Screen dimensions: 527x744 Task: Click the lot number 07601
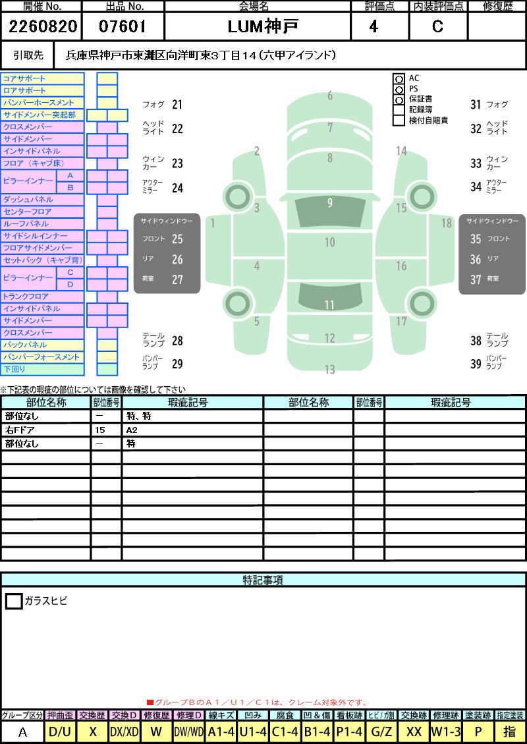tap(123, 26)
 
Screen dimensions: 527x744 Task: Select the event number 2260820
tap(43, 26)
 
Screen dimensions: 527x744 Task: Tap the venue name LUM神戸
tap(263, 26)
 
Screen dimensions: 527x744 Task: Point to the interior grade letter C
tap(437, 26)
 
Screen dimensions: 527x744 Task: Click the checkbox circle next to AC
tap(399, 79)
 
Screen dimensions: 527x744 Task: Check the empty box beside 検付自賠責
tap(399, 121)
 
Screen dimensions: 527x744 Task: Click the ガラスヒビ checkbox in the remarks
tap(14, 601)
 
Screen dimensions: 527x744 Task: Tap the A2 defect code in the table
tap(132, 430)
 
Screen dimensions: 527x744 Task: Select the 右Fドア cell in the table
tap(20, 430)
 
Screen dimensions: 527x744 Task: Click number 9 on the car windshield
tap(329, 202)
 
